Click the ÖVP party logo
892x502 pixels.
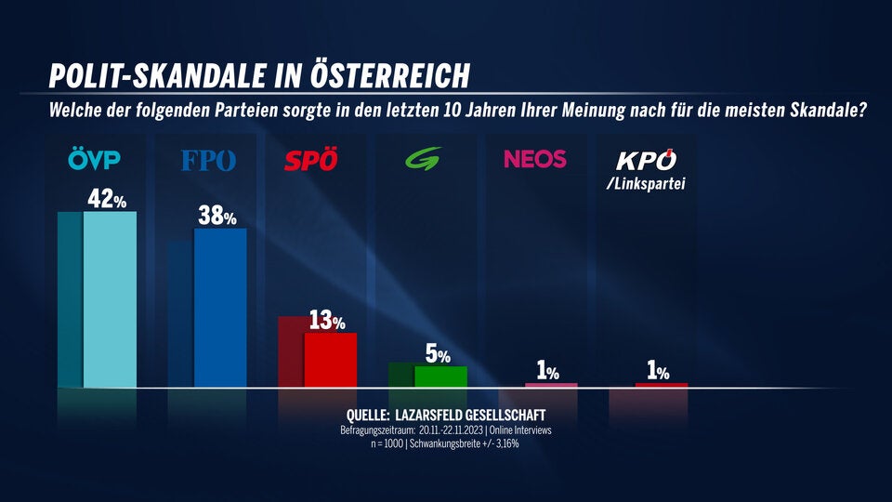point(95,161)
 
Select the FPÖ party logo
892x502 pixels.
point(208,161)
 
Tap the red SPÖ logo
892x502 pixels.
point(311,161)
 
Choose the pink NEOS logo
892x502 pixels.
point(534,159)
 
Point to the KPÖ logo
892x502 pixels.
point(646,160)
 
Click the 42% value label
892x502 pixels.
point(107,199)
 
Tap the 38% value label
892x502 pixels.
point(220,216)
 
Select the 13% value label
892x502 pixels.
point(326,322)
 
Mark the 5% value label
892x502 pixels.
point(437,355)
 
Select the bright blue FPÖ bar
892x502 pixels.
point(219,308)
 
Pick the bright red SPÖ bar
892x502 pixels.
point(330,360)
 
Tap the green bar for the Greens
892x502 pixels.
point(439,376)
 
